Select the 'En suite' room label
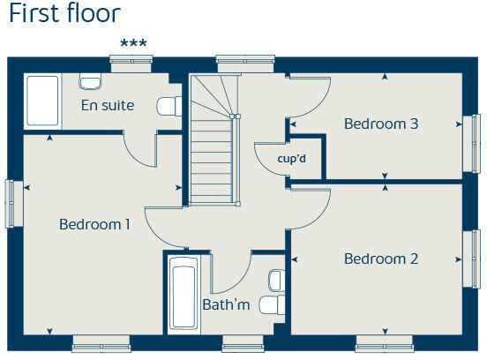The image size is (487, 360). click(107, 106)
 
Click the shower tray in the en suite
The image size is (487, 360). click(42, 102)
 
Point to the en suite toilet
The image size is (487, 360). click(169, 106)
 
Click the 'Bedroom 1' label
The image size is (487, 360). click(94, 225)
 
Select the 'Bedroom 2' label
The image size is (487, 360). click(381, 259)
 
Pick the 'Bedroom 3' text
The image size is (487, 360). click(381, 124)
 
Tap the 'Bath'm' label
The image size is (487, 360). click(227, 305)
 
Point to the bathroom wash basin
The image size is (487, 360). click(274, 280)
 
